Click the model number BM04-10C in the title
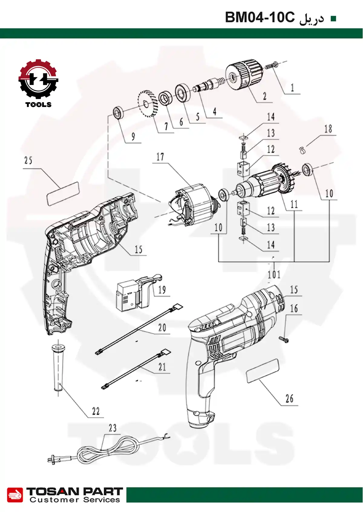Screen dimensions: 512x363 pyautogui.click(x=260, y=18)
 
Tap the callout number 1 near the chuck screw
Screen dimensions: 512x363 pyautogui.click(x=292, y=88)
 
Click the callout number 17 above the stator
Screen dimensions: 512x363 pyautogui.click(x=160, y=157)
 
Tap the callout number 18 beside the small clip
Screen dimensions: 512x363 pyautogui.click(x=328, y=129)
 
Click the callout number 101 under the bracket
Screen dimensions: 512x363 pyautogui.click(x=274, y=275)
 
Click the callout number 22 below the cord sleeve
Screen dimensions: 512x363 pyautogui.click(x=96, y=411)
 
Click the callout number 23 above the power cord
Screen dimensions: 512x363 pyautogui.click(x=113, y=428)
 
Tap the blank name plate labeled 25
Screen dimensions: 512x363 pyautogui.click(x=63, y=193)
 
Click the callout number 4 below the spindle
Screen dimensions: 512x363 pyautogui.click(x=214, y=112)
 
